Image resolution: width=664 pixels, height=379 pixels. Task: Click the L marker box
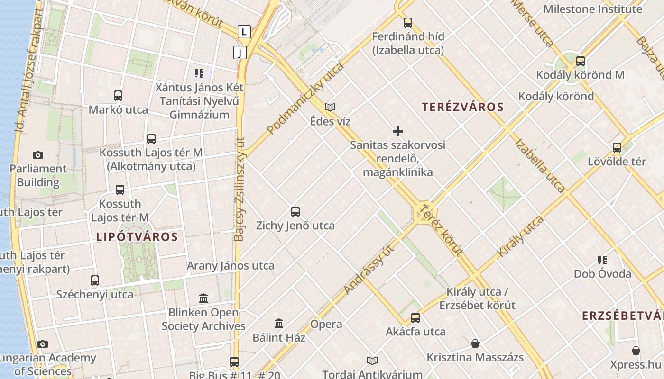(x=244, y=32)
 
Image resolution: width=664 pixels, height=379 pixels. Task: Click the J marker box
(x=240, y=53)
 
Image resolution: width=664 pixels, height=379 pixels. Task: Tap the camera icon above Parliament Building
(x=38, y=155)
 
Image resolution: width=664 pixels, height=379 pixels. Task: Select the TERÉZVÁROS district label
(x=462, y=107)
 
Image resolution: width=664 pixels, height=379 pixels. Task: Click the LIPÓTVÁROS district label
(x=137, y=237)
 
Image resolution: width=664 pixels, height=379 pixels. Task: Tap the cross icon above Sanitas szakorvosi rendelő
(x=398, y=131)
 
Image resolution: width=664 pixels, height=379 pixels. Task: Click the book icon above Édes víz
(x=330, y=108)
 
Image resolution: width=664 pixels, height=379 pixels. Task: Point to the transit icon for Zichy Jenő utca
(x=295, y=212)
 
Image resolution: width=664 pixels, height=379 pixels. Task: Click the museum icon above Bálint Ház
(x=279, y=324)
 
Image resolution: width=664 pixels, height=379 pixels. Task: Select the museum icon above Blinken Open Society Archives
(x=203, y=298)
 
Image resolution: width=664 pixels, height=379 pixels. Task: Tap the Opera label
(x=326, y=325)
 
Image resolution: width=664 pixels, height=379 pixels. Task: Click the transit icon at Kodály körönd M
(x=580, y=61)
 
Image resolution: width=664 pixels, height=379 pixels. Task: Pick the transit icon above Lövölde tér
(x=617, y=148)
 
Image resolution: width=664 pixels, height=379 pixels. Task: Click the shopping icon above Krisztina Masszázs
(x=475, y=343)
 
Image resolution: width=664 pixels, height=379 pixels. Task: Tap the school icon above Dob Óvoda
(x=602, y=260)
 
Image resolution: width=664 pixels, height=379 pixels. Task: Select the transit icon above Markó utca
(x=118, y=96)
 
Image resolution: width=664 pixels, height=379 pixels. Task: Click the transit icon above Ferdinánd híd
(x=407, y=23)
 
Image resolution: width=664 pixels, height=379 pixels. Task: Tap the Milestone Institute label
(x=592, y=9)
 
